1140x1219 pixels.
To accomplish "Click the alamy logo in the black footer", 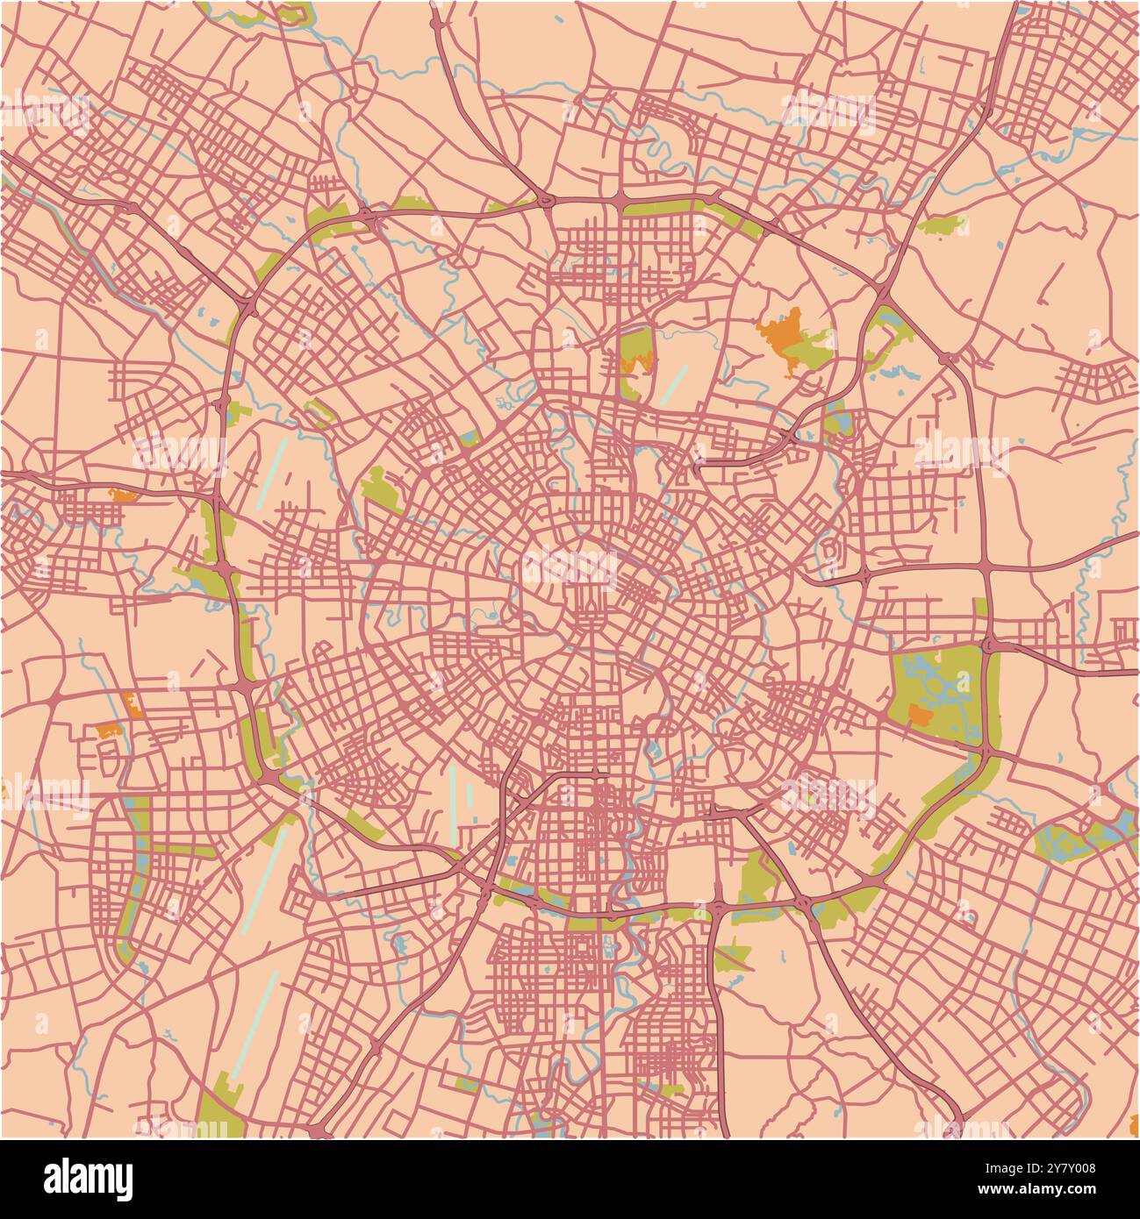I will (88, 1179).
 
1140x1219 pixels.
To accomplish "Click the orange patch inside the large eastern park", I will (919, 715).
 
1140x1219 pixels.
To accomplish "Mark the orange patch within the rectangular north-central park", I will (637, 363).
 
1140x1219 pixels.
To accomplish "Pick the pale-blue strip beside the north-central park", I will (674, 384).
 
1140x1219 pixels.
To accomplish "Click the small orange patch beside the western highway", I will (123, 495).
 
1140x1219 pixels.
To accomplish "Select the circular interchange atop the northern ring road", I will (548, 202).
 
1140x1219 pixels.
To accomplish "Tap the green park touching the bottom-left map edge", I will (219, 1109).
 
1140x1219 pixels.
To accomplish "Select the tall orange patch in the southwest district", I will (133, 704).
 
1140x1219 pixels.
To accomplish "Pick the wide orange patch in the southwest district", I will (107, 730).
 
